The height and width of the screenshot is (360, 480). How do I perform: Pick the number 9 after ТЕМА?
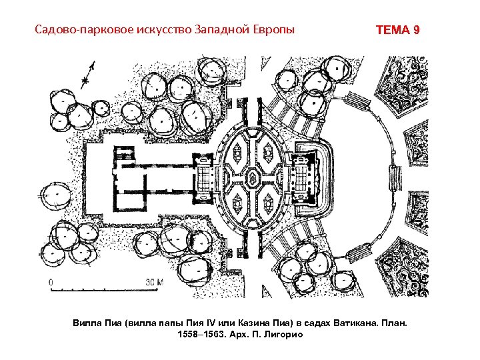point(417,31)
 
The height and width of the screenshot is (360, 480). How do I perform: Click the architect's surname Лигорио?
point(283,334)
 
